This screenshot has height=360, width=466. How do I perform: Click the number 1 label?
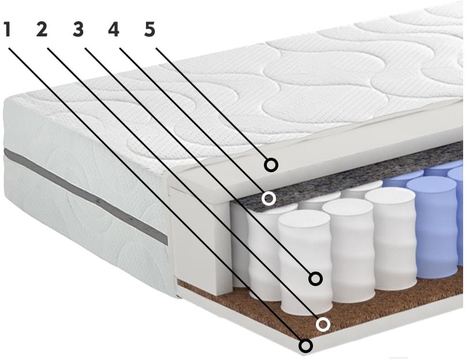click(8, 29)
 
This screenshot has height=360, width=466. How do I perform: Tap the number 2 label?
click(42, 29)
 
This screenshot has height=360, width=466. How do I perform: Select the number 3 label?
click(78, 29)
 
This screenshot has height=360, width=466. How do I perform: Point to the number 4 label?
click(114, 29)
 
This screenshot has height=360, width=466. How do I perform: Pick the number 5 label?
click(150, 29)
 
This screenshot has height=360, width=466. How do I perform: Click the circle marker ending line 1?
click(306, 346)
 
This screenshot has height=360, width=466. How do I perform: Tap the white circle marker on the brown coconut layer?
click(323, 324)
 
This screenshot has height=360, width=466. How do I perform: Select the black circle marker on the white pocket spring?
click(316, 279)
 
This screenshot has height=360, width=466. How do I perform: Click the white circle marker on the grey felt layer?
click(269, 198)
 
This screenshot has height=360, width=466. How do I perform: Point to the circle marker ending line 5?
click(271, 165)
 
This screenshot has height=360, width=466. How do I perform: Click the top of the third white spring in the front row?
click(390, 196)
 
